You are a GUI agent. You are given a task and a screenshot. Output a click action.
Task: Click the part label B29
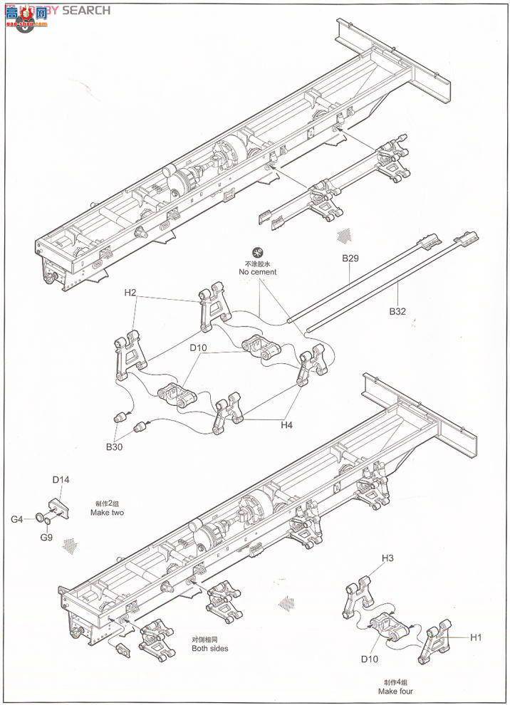pos(350,258)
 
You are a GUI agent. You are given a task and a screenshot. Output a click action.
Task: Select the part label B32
pos(397,311)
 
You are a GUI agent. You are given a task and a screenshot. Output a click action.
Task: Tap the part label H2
pos(130,293)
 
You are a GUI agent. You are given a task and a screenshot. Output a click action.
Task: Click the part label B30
pos(114,446)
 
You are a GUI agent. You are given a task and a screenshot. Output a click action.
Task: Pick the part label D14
pos(61,481)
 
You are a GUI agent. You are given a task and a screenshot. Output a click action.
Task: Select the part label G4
pos(16,518)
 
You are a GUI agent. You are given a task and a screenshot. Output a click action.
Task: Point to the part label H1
pos(476,637)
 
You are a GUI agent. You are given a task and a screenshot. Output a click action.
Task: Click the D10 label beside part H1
pos(368,659)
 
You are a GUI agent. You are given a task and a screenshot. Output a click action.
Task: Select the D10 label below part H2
pos(198,348)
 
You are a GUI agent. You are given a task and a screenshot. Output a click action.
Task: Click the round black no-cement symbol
pos(257,251)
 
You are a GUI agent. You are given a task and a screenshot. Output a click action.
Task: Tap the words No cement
pos(257,272)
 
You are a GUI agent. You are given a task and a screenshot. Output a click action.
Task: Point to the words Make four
pos(397,691)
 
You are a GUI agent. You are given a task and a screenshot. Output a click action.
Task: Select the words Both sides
pos(209,648)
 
